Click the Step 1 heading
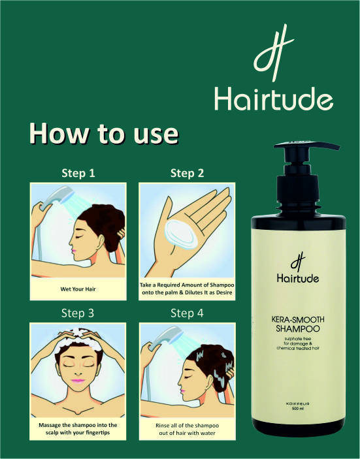(78, 173)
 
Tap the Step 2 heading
(187, 173)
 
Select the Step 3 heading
(78, 313)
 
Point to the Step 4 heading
(187, 313)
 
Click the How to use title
(104, 133)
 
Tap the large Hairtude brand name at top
(274, 99)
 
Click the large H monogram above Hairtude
(273, 53)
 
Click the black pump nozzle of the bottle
(306, 146)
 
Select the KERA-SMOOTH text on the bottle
(298, 319)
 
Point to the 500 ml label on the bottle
(298, 408)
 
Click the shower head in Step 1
(57, 198)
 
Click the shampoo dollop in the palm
(182, 234)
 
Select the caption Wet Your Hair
(78, 289)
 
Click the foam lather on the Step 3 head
(78, 341)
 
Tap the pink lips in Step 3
(78, 381)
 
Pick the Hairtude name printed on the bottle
(298, 277)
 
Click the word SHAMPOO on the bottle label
(298, 328)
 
